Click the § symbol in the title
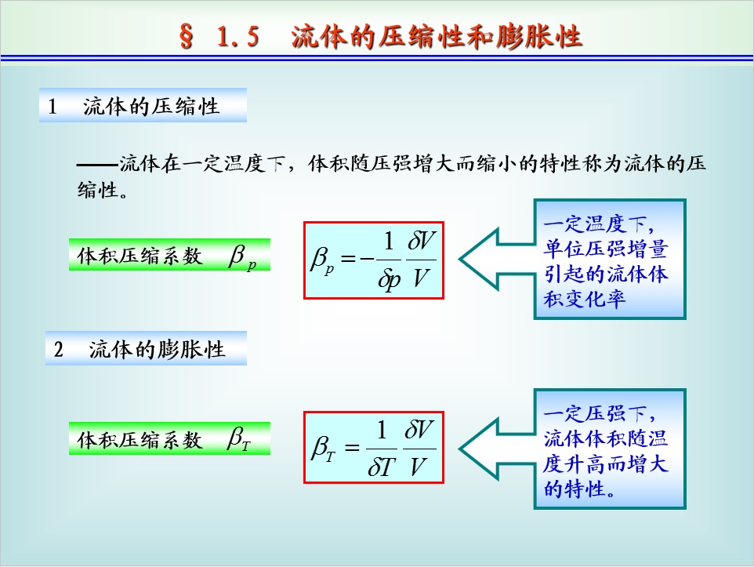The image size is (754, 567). coord(187,36)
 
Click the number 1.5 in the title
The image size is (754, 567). coord(238,37)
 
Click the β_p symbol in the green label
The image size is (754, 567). coord(242,256)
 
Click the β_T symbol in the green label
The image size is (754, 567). coord(239,438)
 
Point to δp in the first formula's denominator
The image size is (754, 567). coord(389,278)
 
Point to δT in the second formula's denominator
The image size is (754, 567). coord(381,467)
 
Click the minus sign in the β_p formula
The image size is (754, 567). coord(366,259)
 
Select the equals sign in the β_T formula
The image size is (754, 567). coord(352,448)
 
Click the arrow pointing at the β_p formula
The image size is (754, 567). coord(497,259)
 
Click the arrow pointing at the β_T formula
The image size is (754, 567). coord(497,449)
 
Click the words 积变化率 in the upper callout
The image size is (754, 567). coord(585,299)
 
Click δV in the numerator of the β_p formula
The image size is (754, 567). coord(421,241)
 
